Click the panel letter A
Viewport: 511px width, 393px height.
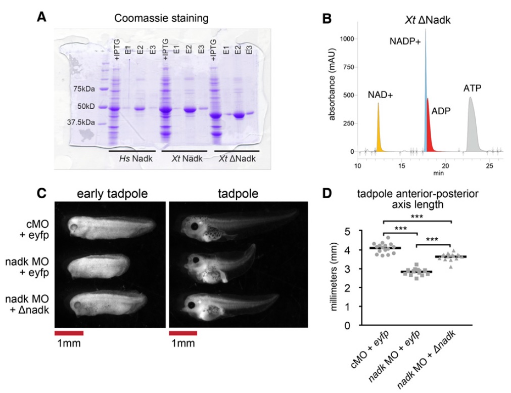tap(42, 19)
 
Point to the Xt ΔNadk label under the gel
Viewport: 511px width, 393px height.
tap(236, 159)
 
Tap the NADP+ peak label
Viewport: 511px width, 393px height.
tap(405, 41)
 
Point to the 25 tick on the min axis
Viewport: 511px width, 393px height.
tap(489, 165)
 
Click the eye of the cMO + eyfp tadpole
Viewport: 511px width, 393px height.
tap(192, 226)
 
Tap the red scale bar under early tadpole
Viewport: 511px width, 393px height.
tap(68, 333)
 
